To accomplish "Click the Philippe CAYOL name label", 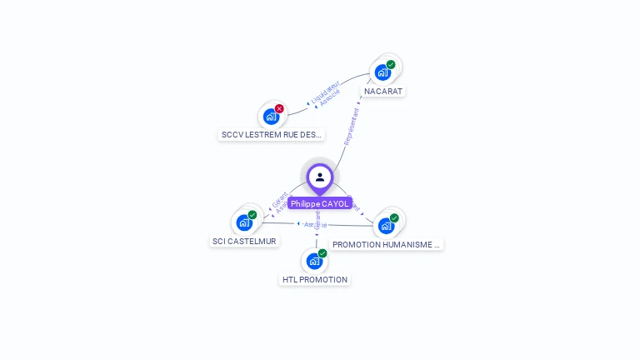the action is pyautogui.click(x=320, y=203).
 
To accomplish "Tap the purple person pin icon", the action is pyautogui.click(x=320, y=177).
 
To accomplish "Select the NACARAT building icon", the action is pyautogui.click(x=382, y=72).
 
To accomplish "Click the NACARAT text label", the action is pyautogui.click(x=383, y=91).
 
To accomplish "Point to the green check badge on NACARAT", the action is pyautogui.click(x=391, y=65).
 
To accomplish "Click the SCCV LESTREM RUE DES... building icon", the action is pyautogui.click(x=271, y=117).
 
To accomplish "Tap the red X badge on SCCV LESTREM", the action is pyautogui.click(x=279, y=108).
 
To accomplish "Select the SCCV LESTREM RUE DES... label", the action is pyautogui.click(x=271, y=134).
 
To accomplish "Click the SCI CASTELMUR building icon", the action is pyautogui.click(x=244, y=222).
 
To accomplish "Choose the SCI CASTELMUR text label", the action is pyautogui.click(x=244, y=241).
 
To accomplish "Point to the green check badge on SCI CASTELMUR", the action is pyautogui.click(x=252, y=215).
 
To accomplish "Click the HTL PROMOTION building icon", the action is pyautogui.click(x=314, y=261).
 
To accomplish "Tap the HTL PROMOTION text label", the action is pyautogui.click(x=314, y=279).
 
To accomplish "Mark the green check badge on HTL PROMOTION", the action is pyautogui.click(x=322, y=253).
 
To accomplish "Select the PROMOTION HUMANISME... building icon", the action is pyautogui.click(x=386, y=226).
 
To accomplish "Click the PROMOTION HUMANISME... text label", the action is pyautogui.click(x=386, y=244).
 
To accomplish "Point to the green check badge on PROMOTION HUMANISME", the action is pyautogui.click(x=394, y=218).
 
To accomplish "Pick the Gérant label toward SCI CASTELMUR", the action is pyautogui.click(x=279, y=200).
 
